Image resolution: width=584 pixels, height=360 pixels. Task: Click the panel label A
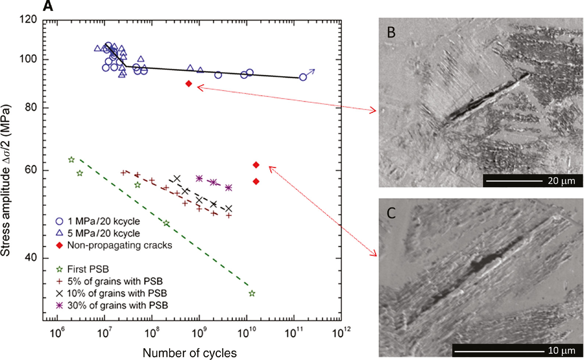pyautogui.click(x=48, y=6)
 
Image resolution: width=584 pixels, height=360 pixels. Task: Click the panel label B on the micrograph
pyautogui.click(x=391, y=32)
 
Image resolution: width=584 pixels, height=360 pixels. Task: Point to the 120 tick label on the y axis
pyautogui.click(x=28, y=19)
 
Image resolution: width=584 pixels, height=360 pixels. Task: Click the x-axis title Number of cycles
pyautogui.click(x=190, y=353)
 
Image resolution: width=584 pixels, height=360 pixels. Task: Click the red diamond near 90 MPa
pyautogui.click(x=189, y=84)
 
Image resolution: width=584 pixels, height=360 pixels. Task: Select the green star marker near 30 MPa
pyautogui.click(x=252, y=294)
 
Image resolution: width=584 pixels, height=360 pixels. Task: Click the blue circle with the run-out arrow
pyautogui.click(x=303, y=77)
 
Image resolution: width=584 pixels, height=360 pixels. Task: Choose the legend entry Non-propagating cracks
pyautogui.click(x=119, y=245)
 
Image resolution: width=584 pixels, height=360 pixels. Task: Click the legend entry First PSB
pyautogui.click(x=88, y=269)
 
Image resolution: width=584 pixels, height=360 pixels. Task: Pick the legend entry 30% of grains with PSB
pyautogui.click(x=117, y=305)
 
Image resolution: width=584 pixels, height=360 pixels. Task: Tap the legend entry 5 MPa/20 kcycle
pyautogui.click(x=103, y=233)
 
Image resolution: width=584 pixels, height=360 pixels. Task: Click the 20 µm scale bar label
pyautogui.click(x=561, y=181)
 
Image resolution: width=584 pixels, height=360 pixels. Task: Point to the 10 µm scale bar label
pyautogui.click(x=561, y=350)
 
